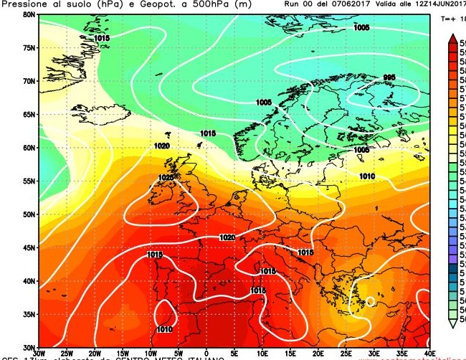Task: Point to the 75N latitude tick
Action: pos(29,47)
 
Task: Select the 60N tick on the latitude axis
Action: pos(29,148)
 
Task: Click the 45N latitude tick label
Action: pos(29,247)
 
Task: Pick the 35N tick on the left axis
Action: pos(29,314)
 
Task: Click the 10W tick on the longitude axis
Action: pos(151,354)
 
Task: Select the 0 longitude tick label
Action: pos(206,354)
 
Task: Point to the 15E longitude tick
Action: pos(290,354)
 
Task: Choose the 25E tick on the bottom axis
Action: pos(346,354)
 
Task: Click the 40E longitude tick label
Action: pos(430,354)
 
